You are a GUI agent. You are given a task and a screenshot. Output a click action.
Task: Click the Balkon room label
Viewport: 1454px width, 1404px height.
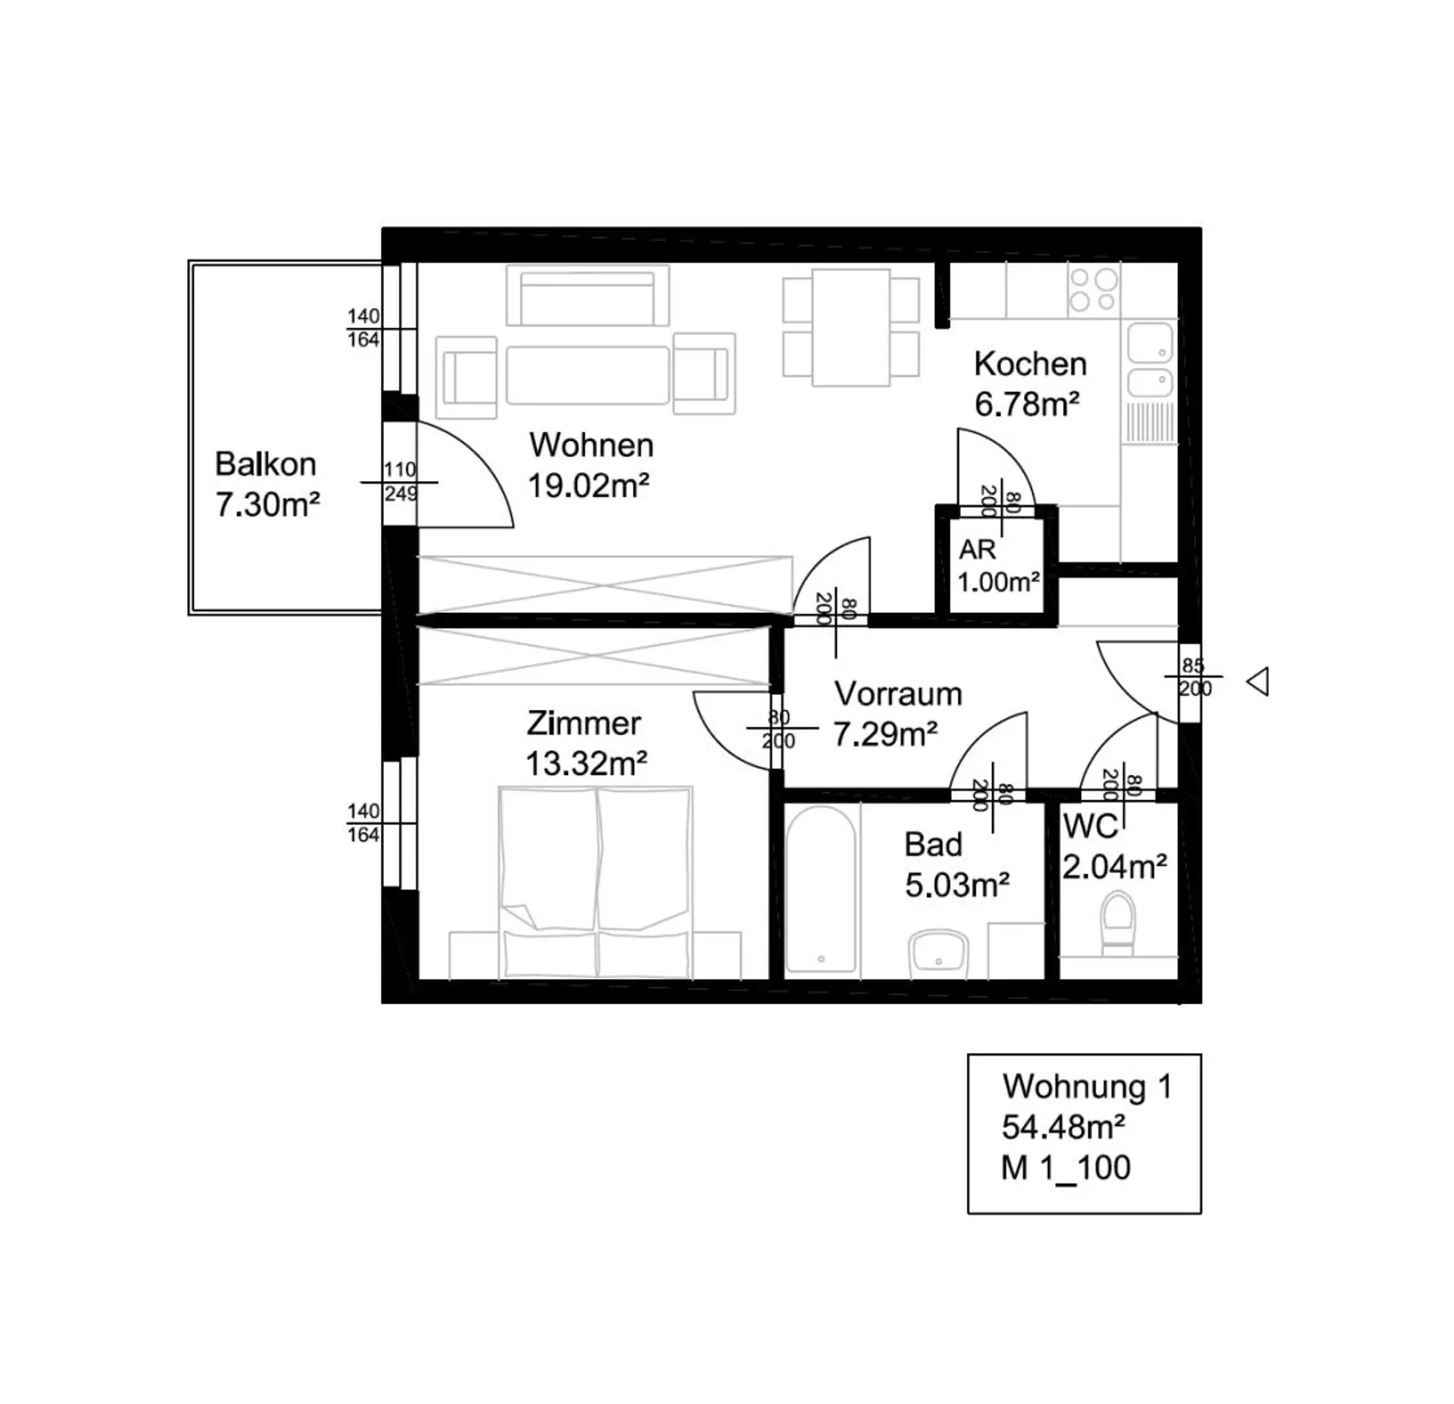(266, 464)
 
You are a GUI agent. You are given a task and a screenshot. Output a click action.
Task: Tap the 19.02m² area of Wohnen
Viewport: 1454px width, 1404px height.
(588, 486)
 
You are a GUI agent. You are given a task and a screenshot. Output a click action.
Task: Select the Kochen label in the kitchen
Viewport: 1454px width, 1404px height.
(1030, 364)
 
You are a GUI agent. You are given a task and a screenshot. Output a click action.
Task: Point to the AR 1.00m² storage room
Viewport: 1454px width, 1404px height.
(997, 565)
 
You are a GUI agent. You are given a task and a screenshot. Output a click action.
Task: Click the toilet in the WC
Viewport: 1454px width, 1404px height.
(1118, 924)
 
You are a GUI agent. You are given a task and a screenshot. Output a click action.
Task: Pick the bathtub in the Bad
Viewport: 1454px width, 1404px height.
(821, 888)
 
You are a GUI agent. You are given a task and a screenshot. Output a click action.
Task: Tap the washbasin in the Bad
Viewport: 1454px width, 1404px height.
(938, 951)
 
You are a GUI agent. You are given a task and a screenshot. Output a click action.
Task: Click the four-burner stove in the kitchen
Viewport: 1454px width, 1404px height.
(1094, 291)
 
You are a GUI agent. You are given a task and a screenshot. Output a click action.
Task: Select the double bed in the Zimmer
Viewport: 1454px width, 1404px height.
(595, 883)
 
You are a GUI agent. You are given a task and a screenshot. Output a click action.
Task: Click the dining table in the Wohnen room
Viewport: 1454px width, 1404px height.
(850, 327)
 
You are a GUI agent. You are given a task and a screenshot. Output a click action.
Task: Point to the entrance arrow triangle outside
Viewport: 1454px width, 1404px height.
(1258, 682)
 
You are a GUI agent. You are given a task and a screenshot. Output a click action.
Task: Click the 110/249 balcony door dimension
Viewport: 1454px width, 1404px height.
(400, 482)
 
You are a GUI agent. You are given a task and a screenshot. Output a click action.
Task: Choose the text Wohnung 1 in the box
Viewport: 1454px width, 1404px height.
(1087, 1087)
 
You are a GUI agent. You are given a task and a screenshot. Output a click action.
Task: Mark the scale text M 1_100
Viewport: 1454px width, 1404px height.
(1066, 1168)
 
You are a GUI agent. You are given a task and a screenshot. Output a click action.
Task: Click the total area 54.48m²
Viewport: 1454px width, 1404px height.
(1062, 1127)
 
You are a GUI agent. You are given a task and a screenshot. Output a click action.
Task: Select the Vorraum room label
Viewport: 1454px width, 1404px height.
(898, 694)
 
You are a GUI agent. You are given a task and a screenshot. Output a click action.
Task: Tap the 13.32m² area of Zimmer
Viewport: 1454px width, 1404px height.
(586, 764)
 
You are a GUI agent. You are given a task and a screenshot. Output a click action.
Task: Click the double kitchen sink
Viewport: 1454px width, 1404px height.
(1150, 361)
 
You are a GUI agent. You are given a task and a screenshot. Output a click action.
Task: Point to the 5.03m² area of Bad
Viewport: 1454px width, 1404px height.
(957, 885)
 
